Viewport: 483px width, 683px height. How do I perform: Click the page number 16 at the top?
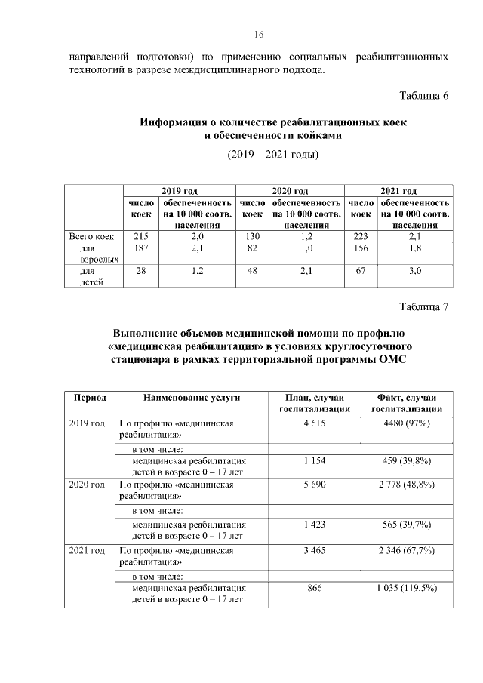pos(258,35)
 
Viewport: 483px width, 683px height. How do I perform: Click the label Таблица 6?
pos(424,96)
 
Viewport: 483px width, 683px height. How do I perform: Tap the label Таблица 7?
pos(424,306)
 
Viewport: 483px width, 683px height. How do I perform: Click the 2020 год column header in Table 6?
pos(290,191)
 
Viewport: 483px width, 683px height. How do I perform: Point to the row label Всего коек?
pos(91,236)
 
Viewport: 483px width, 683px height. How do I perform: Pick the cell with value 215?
pos(141,236)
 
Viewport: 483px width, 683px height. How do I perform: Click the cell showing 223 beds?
pos(360,236)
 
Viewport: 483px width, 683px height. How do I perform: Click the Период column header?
pos(89,398)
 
